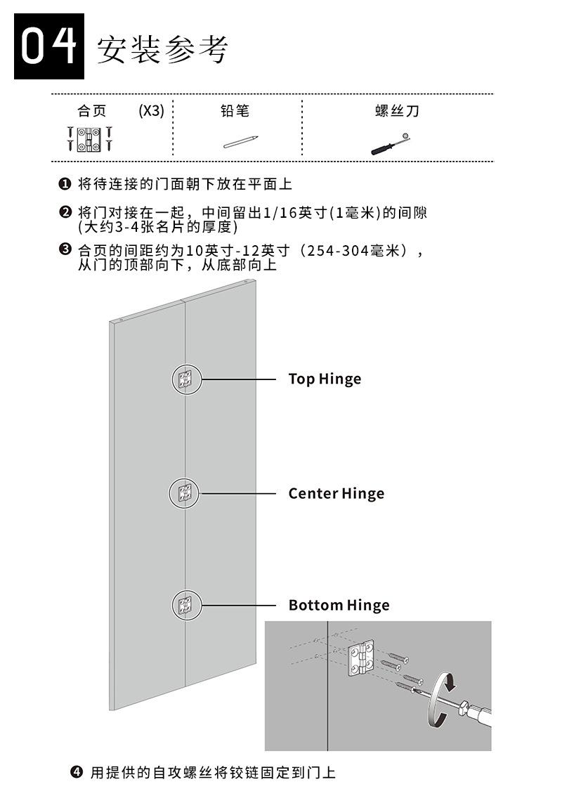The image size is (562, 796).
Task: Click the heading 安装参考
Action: (162, 49)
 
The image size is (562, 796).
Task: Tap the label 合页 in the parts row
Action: (92, 111)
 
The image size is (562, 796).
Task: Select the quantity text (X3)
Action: (151, 111)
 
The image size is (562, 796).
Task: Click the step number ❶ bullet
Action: (64, 184)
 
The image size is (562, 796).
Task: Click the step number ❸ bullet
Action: (64, 249)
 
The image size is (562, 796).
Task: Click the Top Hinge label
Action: (325, 379)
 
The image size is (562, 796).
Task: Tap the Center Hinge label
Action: (336, 493)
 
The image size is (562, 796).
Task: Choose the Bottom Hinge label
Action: (339, 605)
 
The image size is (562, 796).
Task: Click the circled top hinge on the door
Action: (186, 380)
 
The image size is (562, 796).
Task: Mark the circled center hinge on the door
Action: (184, 493)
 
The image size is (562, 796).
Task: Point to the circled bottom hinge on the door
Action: (186, 605)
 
